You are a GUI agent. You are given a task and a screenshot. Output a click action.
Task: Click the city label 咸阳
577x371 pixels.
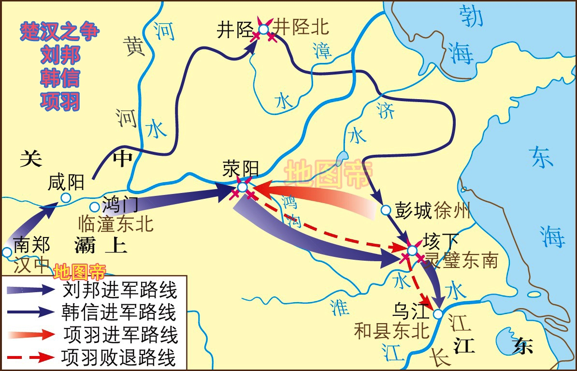coord(66,182)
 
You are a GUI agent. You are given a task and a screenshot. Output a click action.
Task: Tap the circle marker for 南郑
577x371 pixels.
coord(7,252)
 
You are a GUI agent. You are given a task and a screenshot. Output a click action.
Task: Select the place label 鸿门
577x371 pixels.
coord(121,205)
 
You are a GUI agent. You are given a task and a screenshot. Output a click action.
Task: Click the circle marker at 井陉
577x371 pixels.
coord(263,30)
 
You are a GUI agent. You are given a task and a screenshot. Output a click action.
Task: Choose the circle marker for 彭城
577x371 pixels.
coord(386,210)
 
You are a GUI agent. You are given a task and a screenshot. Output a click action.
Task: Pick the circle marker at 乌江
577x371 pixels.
coord(438,314)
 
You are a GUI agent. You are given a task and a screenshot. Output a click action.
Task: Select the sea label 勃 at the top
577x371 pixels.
coord(471,17)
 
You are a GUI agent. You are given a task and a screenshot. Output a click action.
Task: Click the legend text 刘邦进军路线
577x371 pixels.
coord(120,290)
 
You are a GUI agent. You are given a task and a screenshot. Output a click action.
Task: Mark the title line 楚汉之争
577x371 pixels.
coord(59,31)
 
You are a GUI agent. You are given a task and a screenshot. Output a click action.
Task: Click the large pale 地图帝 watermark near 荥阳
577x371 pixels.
coord(328,174)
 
